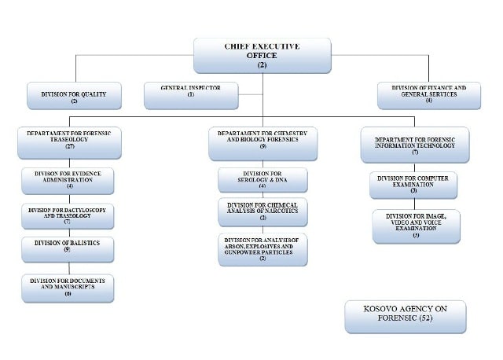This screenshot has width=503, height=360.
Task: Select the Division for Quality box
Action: click(x=75, y=95)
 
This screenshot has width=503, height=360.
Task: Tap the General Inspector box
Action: click(x=190, y=95)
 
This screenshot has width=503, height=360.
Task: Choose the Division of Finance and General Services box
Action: click(x=428, y=95)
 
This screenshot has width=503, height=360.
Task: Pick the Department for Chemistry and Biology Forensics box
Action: click(x=263, y=140)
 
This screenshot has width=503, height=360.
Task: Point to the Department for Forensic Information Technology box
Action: click(x=415, y=145)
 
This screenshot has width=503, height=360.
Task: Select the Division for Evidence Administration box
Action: click(x=68, y=180)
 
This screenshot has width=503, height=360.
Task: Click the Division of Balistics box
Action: click(x=68, y=248)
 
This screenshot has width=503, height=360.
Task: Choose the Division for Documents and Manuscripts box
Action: click(x=68, y=288)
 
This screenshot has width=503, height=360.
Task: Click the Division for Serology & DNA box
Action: click(x=263, y=180)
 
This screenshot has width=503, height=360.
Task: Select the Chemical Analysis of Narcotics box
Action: click(x=263, y=211)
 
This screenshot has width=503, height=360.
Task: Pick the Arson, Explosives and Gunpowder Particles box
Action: click(x=263, y=248)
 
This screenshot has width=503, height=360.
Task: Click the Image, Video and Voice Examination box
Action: click(x=416, y=225)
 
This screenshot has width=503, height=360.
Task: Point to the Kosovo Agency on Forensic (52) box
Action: click(x=405, y=316)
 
